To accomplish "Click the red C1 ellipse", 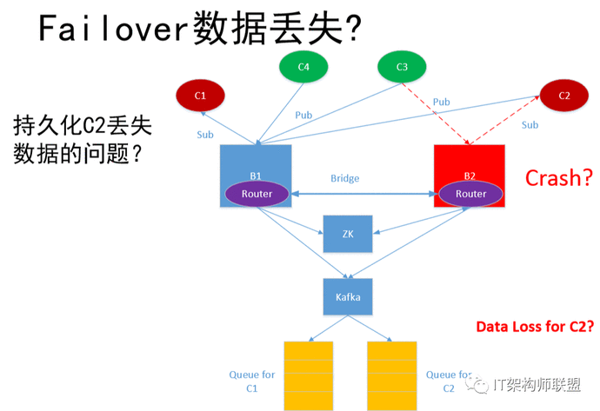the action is (200, 96).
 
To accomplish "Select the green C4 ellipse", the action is (303, 67).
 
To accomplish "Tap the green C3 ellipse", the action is (402, 67).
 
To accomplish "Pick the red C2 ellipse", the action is (564, 96).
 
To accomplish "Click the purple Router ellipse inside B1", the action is (257, 194).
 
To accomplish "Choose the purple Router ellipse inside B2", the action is (470, 194).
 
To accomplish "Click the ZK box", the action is (348, 234).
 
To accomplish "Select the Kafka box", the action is (348, 296).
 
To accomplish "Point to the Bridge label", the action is (344, 178).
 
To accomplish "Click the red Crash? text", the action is (558, 178).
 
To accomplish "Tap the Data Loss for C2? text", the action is (535, 327).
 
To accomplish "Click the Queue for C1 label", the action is (252, 381).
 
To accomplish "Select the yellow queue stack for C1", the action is (309, 376).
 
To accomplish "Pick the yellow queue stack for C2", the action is (392, 376).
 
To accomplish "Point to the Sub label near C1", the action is (205, 135).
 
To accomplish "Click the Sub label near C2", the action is (530, 125).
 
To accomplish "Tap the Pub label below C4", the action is (303, 115).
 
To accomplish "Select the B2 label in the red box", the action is (470, 176).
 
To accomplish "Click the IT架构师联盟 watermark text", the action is (537, 385).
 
